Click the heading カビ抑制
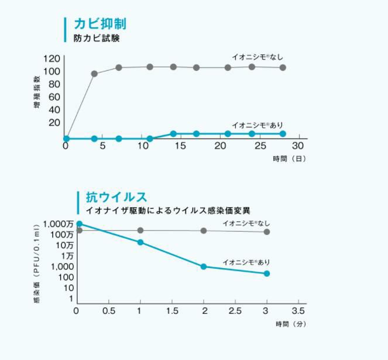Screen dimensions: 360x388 click(99, 24)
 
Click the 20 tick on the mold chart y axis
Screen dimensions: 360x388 click(54, 122)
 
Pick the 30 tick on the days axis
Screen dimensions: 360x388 click(299, 145)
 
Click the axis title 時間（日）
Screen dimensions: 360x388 click(289, 159)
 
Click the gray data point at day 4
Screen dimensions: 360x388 click(94, 74)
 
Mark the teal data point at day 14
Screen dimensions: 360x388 click(173, 133)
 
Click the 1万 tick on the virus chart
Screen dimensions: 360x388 click(66, 256)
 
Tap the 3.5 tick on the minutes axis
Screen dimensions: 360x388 click(298, 310)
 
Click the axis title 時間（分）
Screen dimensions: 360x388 click(290, 323)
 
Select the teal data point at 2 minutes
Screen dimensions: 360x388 click(204, 266)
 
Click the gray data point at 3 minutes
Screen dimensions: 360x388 click(267, 232)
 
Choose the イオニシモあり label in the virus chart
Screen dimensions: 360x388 click(246, 262)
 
